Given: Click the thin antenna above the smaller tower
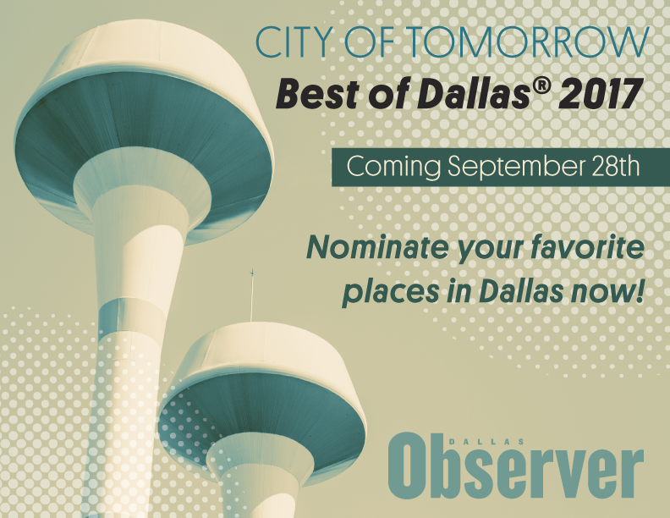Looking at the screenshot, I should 251,296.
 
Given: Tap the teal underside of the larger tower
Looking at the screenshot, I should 144,144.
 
